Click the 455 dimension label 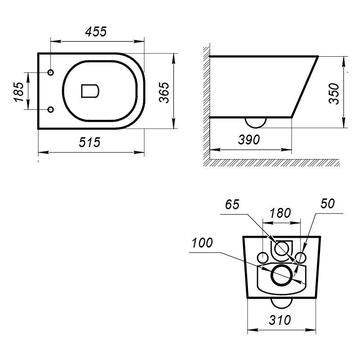[96, 31]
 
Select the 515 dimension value [90, 142]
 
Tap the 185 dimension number [18, 92]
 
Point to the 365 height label [164, 92]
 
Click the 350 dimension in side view [334, 94]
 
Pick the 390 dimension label [249, 139]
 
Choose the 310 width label [279, 320]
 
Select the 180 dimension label [280, 213]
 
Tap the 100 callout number [202, 243]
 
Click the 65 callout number [232, 205]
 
